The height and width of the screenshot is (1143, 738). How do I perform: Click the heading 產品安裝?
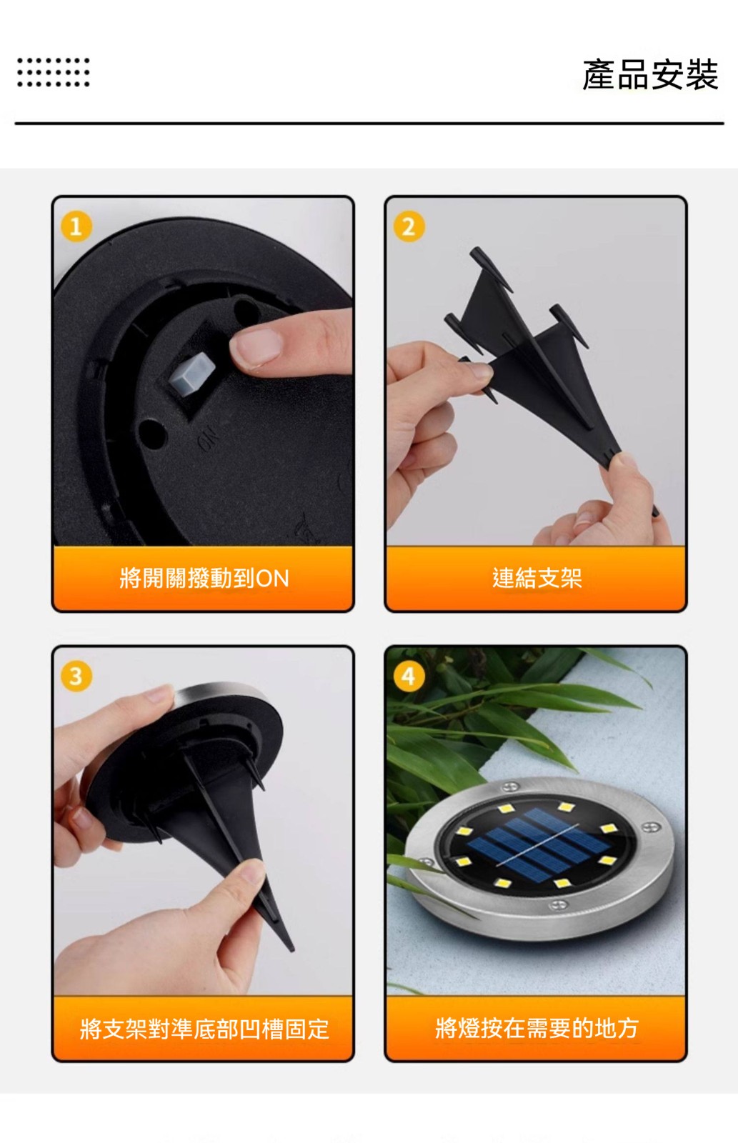(x=650, y=74)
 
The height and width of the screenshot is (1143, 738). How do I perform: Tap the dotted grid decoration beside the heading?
(x=53, y=72)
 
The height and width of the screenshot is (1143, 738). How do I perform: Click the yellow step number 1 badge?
(x=76, y=226)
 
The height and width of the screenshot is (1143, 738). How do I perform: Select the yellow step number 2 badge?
(x=409, y=226)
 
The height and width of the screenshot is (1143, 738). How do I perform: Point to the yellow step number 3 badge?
(x=76, y=677)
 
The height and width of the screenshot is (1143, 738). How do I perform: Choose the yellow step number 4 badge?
(x=409, y=677)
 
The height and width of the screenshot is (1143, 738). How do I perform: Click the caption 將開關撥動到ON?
(x=204, y=578)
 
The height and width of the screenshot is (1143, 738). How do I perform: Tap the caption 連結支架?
(x=537, y=578)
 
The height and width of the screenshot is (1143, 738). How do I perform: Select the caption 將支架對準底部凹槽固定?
(x=204, y=1028)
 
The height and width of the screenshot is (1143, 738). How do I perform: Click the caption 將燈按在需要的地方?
(x=537, y=1028)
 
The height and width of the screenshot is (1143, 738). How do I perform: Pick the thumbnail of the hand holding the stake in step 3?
(x=251, y=871)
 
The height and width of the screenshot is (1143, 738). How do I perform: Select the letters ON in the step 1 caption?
(x=272, y=579)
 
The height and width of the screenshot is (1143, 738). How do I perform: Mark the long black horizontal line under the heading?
(x=369, y=123)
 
